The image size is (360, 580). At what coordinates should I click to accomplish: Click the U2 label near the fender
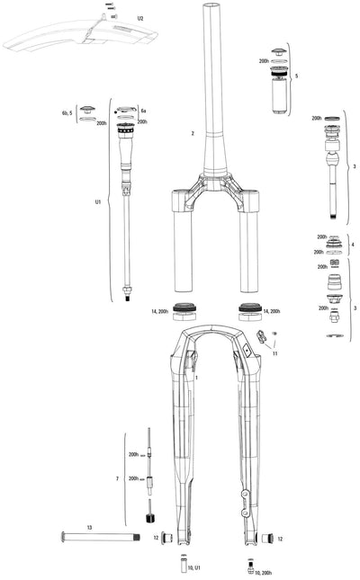point(140,18)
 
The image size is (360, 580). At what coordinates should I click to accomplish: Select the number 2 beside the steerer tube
point(193,133)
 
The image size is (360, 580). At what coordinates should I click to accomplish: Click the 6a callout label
point(144,110)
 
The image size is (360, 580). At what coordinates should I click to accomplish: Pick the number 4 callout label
point(352,245)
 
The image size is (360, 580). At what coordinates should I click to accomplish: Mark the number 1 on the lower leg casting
point(197,380)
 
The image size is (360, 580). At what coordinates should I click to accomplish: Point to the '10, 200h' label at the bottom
point(267,573)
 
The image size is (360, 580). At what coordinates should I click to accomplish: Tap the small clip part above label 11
point(262,338)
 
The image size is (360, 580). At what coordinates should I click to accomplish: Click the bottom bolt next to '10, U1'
point(179,567)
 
